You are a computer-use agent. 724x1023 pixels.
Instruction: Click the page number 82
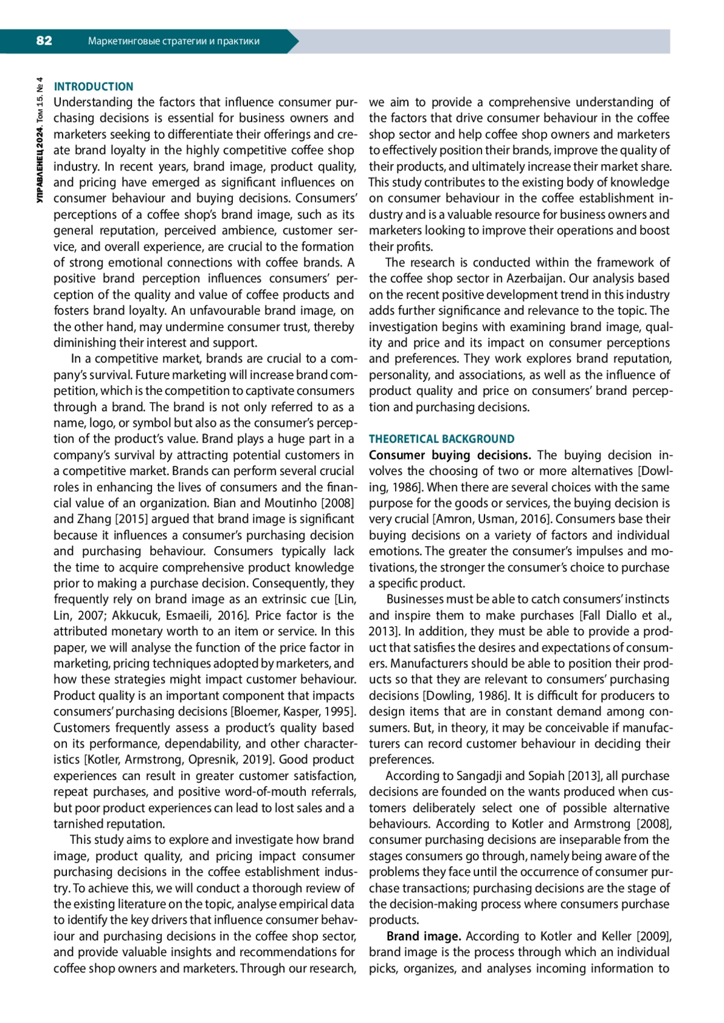pyautogui.click(x=44, y=41)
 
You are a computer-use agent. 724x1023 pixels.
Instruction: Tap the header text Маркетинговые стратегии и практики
pyautogui.click(x=174, y=42)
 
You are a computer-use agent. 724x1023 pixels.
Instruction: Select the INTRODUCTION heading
pyautogui.click(x=94, y=87)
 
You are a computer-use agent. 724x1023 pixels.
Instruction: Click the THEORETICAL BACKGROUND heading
pyautogui.click(x=442, y=439)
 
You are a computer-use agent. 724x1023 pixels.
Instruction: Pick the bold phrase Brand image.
pyautogui.click(x=424, y=936)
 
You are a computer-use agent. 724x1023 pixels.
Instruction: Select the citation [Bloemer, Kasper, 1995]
pyautogui.click(x=294, y=711)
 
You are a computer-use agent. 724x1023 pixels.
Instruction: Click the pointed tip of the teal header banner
pyautogui.click(x=297, y=42)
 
